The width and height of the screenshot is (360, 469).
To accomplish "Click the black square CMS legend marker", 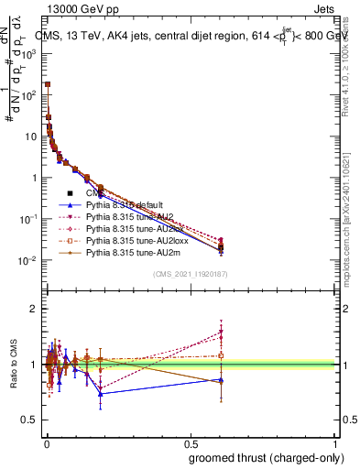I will point(71,194).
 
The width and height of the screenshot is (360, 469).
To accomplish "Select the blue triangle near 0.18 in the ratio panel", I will point(100,394).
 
